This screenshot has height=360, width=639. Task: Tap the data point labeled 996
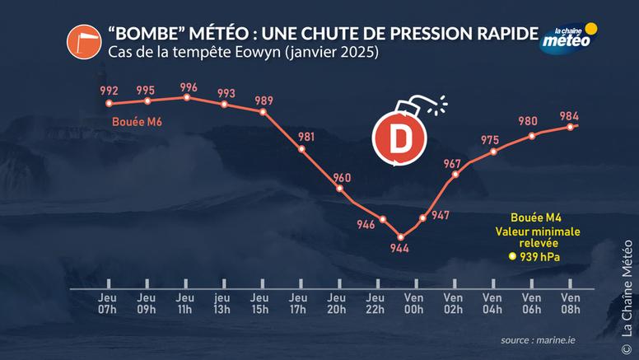pyautogui.click(x=187, y=97)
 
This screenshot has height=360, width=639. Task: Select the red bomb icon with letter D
pyautogui.click(x=399, y=136)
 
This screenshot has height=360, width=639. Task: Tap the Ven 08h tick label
pyautogui.click(x=569, y=304)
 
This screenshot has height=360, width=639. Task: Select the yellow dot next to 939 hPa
pyautogui.click(x=512, y=257)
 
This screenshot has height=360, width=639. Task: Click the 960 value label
pyautogui.click(x=340, y=178)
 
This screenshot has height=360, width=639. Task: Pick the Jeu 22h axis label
pyautogui.click(x=375, y=304)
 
